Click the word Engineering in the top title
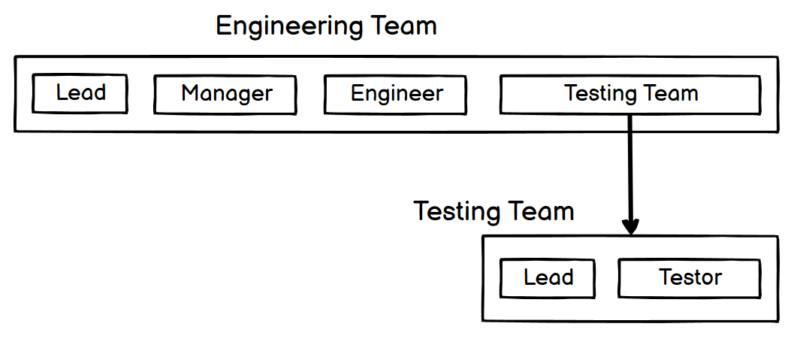289,26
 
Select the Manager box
225,95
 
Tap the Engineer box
395,95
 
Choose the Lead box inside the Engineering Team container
80,93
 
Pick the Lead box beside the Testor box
548,278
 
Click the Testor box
690,278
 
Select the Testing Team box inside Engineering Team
630,95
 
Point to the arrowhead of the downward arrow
630,227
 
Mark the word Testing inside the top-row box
594,95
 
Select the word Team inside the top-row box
664,94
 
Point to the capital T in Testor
666,277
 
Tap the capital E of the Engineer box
357,94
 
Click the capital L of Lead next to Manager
61,92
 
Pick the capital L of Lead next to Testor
529,277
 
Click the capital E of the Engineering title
223,26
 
